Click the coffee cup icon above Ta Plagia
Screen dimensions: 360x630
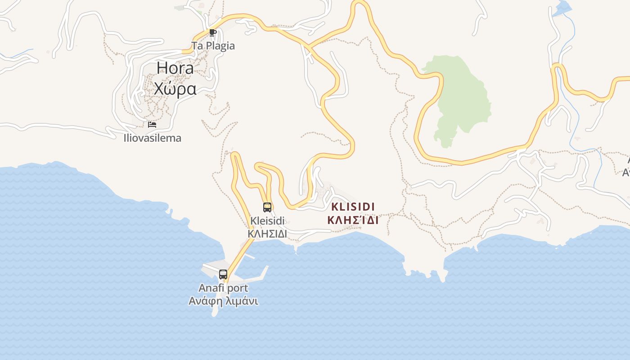[x=213, y=32]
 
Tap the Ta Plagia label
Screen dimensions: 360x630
[x=213, y=46]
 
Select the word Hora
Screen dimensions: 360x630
[x=175, y=68]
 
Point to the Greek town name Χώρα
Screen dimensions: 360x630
[x=175, y=89]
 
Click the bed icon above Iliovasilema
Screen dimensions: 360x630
[x=152, y=124]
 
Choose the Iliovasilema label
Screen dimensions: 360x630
[x=153, y=138]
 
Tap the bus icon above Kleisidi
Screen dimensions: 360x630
[x=267, y=207]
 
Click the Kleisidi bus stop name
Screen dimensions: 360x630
[x=267, y=221]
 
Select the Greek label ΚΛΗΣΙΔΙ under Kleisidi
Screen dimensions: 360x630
[x=267, y=234]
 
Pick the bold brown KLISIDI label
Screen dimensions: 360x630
[x=353, y=207]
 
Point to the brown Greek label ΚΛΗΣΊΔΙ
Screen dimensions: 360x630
[x=353, y=220]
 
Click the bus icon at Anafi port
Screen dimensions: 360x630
[x=223, y=274]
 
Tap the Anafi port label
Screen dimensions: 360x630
[x=223, y=288]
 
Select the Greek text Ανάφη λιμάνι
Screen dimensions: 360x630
[x=223, y=301]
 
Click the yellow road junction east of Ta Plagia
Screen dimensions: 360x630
[x=309, y=46]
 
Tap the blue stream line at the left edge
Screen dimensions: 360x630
[x=13, y=56]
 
